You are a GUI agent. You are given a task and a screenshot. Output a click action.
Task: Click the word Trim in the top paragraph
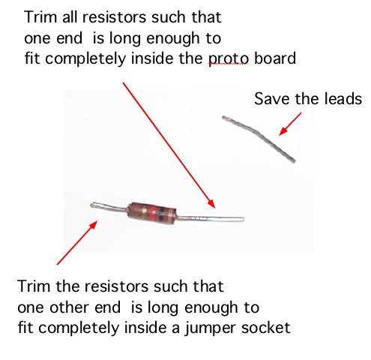pyautogui.click(x=37, y=17)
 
